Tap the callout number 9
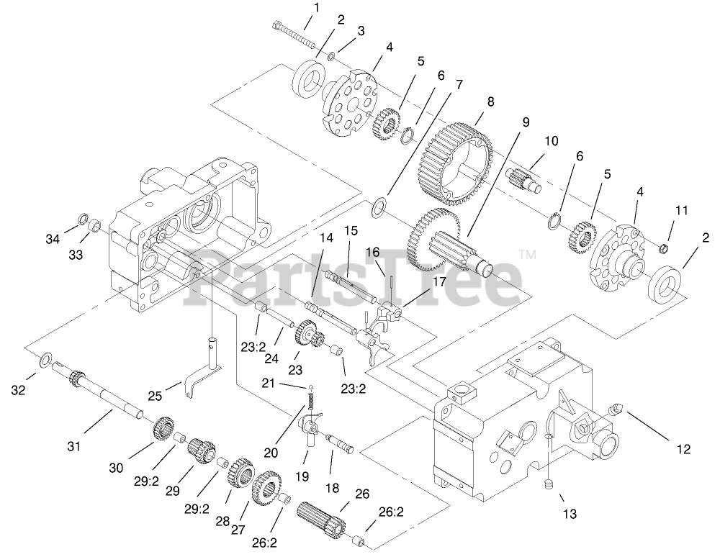pos(526,122)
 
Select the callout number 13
pos(571,514)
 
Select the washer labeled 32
pos(45,358)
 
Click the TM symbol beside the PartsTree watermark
pos(528,254)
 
